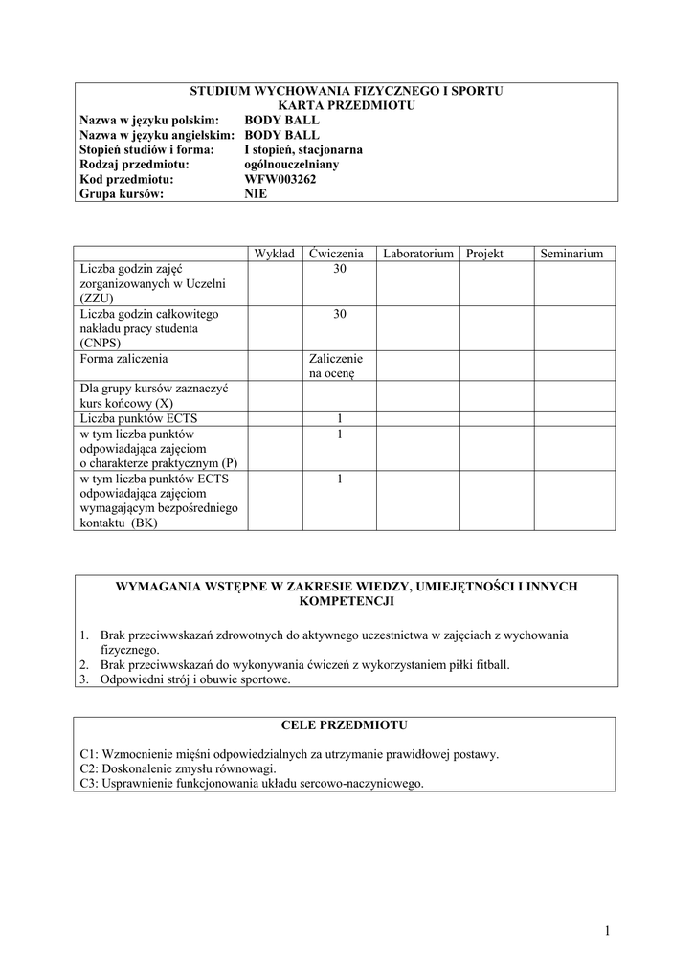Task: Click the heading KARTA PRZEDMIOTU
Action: tap(347, 105)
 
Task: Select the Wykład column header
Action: tap(274, 254)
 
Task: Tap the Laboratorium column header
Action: tap(417, 254)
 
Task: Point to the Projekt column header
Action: tap(484, 254)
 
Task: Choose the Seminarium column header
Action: tap(571, 254)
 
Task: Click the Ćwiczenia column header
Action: tap(337, 254)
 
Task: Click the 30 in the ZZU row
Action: tap(340, 270)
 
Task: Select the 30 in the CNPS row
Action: tap(340, 314)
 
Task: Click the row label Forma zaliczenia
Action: tap(124, 359)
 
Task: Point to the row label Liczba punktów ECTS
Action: tap(140, 418)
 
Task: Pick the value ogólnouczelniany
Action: tap(292, 164)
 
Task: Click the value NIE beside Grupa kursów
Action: tap(256, 193)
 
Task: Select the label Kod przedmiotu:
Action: tap(126, 179)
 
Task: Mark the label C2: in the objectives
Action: tap(90, 768)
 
